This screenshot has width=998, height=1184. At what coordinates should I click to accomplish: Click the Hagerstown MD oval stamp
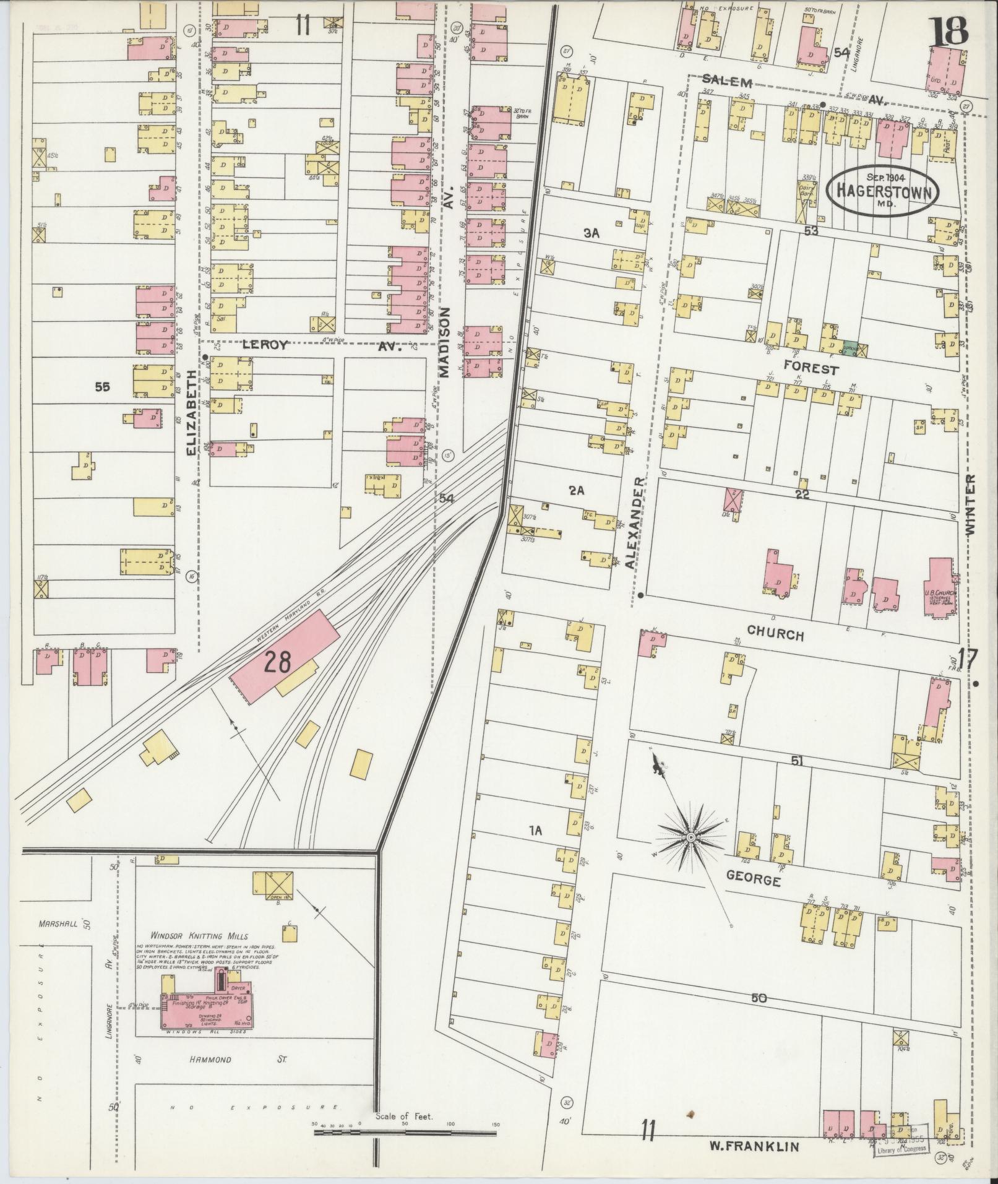[x=882, y=191]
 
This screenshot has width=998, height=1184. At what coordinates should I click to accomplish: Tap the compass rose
[x=689, y=837]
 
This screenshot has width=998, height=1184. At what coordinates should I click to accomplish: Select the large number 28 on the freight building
[x=277, y=663]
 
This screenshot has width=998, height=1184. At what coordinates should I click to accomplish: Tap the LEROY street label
[x=265, y=346]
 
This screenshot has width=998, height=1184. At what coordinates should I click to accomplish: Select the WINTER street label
[x=969, y=505]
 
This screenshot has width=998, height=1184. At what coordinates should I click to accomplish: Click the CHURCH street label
[x=775, y=634]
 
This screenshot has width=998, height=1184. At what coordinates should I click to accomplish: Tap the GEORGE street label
[x=753, y=879]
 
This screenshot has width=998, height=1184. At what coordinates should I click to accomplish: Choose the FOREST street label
[x=811, y=369]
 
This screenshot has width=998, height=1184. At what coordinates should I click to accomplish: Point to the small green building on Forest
[x=851, y=349]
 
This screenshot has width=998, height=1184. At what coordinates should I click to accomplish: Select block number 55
[x=102, y=387]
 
